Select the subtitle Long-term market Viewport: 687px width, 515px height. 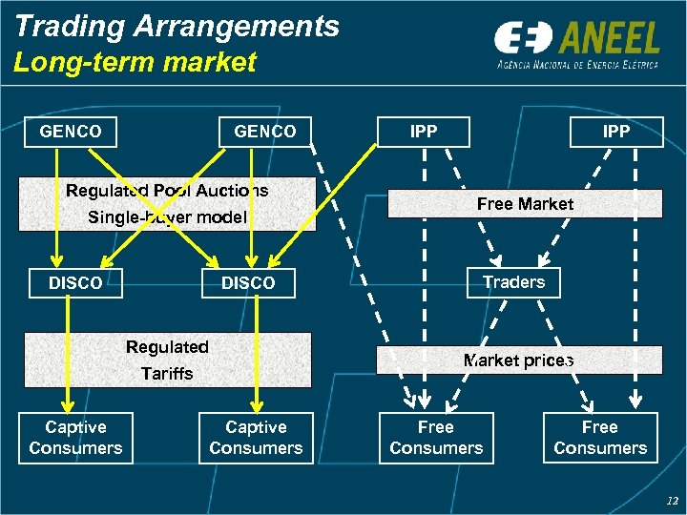point(135,63)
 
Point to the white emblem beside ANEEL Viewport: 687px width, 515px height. point(522,39)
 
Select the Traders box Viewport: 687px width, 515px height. point(513,282)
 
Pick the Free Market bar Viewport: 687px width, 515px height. point(525,204)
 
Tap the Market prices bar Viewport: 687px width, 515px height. point(518,360)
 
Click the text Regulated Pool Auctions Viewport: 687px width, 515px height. point(167,191)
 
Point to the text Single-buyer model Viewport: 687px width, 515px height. point(167,217)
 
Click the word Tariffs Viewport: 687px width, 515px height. point(167,374)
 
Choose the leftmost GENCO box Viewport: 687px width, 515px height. point(71,132)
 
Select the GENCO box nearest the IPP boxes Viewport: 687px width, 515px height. point(265,132)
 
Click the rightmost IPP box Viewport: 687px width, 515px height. point(616,132)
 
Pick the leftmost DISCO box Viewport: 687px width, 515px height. point(75,283)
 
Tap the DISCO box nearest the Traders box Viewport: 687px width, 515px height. point(248,283)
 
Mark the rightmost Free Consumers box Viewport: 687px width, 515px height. point(600,438)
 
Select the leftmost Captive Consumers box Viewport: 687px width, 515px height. point(75,438)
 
